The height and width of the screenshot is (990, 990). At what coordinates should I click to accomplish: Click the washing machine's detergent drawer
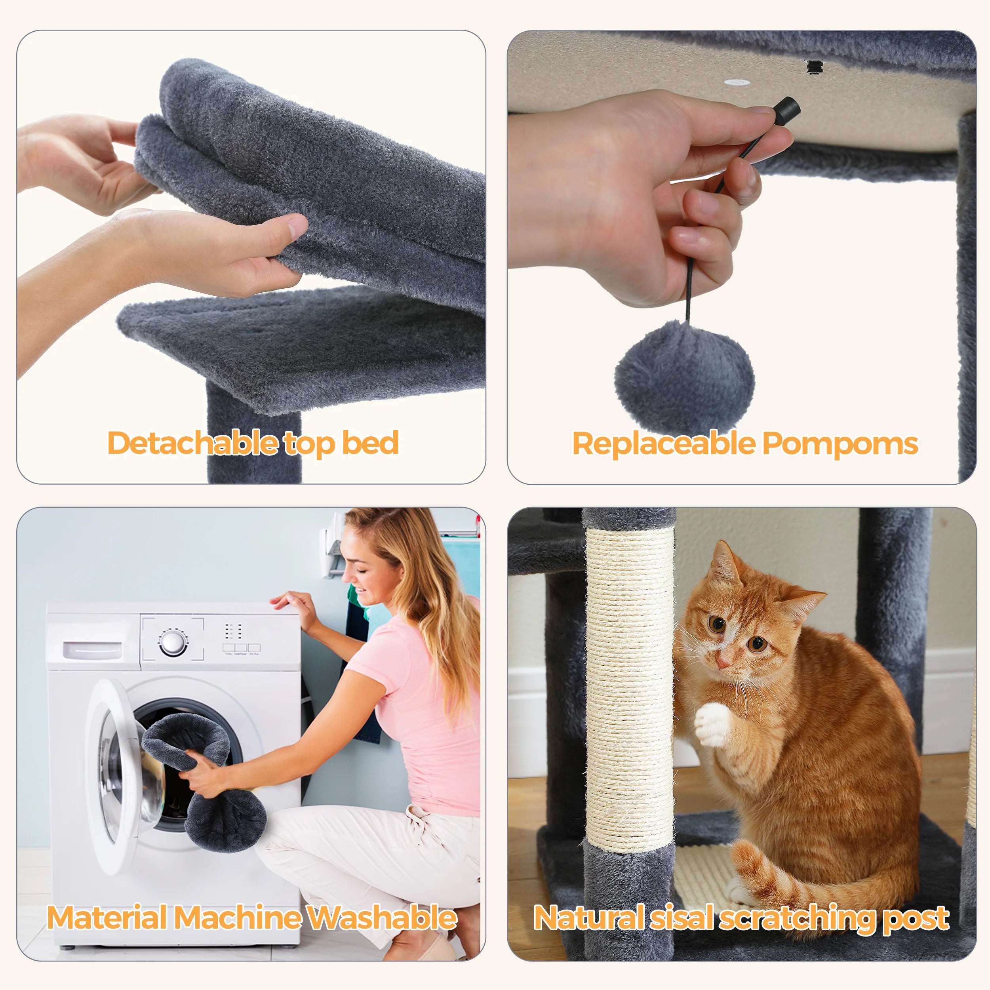coord(93,650)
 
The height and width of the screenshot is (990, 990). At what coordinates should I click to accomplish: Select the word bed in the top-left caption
coord(370,443)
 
